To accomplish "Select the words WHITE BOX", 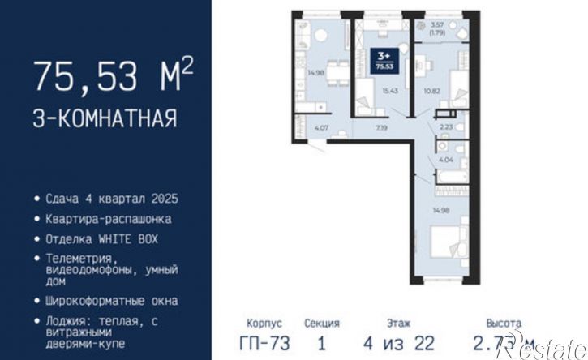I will (129, 239).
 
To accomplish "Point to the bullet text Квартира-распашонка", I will (114, 219).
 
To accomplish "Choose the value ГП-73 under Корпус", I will (264, 343).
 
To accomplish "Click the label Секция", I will (322, 323).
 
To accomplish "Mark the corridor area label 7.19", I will (380, 127).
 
